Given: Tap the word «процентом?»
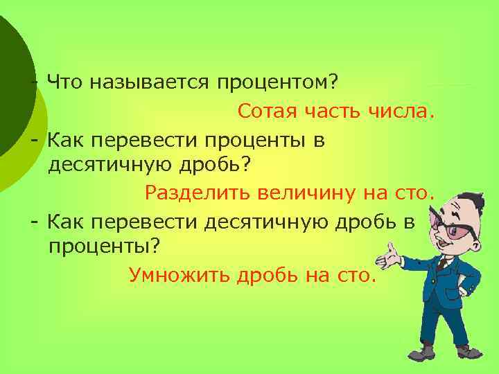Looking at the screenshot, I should click(x=277, y=84).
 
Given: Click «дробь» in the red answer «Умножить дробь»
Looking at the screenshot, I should click(x=266, y=276).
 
